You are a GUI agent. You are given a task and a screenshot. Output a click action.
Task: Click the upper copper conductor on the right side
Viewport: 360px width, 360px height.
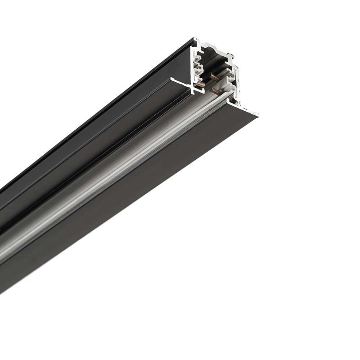tap(214, 77)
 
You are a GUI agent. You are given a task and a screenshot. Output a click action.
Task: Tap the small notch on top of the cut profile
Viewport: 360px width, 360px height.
tap(230, 55)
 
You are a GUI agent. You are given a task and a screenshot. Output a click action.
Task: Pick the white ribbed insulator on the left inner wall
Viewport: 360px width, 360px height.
tap(197, 66)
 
